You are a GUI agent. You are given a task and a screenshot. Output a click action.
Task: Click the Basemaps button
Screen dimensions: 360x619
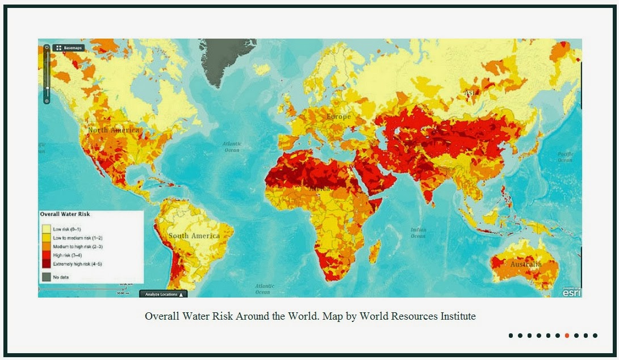click(68, 48)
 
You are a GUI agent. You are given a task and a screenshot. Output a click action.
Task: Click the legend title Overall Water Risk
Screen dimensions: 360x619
click(65, 215)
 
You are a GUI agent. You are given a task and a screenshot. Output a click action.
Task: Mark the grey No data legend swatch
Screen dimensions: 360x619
click(46, 277)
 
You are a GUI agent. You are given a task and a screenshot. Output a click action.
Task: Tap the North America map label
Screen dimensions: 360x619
click(113, 130)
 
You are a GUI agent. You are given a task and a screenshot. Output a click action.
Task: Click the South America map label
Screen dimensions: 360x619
click(194, 236)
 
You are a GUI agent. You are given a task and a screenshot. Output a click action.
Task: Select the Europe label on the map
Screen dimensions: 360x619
click(338, 117)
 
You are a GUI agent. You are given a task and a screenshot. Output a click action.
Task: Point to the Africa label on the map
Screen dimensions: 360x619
click(321, 188)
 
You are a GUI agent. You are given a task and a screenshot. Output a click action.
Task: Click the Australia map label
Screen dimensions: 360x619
click(525, 265)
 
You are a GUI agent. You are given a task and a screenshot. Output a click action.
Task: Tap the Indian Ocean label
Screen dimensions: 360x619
click(418, 233)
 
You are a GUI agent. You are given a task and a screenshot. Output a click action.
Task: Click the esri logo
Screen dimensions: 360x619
click(571, 292)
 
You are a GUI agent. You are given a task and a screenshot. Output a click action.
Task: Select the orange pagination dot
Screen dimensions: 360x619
click(567, 336)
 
